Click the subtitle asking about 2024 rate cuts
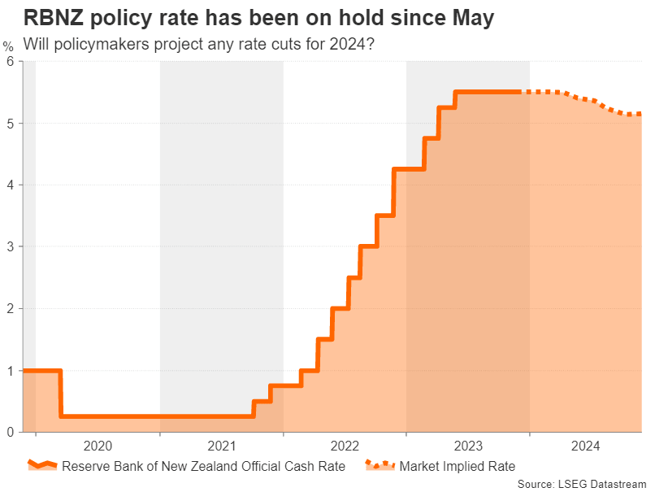click(x=199, y=43)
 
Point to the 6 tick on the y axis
click(x=11, y=62)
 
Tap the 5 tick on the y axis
click(x=11, y=124)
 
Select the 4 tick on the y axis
click(x=11, y=185)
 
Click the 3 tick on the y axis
click(x=11, y=246)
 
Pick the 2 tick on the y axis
click(x=11, y=308)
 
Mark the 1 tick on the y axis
click(x=11, y=371)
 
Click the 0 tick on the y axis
click(x=11, y=432)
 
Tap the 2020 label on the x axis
click(x=98, y=446)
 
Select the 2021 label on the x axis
click(x=221, y=446)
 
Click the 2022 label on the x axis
click(x=345, y=446)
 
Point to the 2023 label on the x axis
click(x=467, y=446)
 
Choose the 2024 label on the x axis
click(x=585, y=446)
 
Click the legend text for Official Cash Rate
click(x=203, y=466)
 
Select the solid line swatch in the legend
click(x=42, y=466)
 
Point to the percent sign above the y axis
click(x=8, y=46)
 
